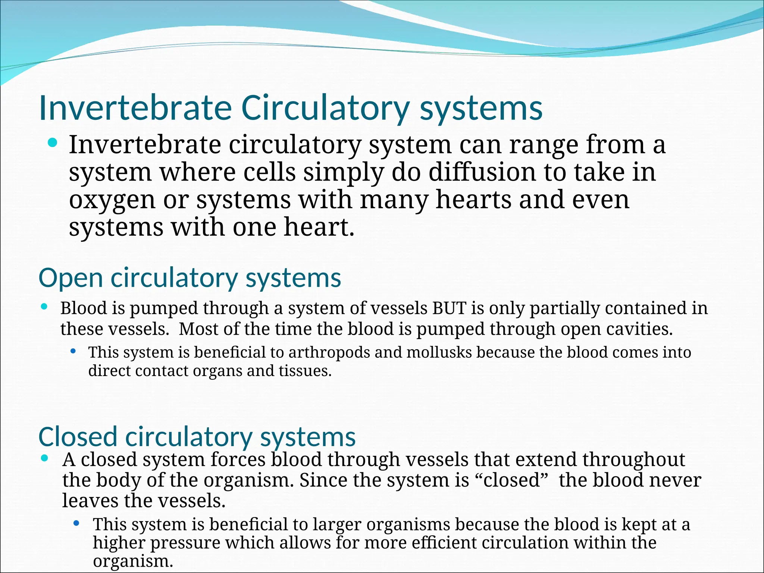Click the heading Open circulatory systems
[x=190, y=278]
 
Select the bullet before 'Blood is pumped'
[x=44, y=307]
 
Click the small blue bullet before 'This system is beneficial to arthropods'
[x=73, y=351]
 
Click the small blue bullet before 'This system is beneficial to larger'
[x=76, y=523]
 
